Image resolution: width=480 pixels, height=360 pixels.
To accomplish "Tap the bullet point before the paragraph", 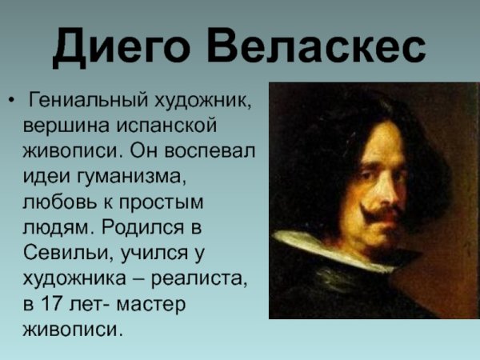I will point(11,102).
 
